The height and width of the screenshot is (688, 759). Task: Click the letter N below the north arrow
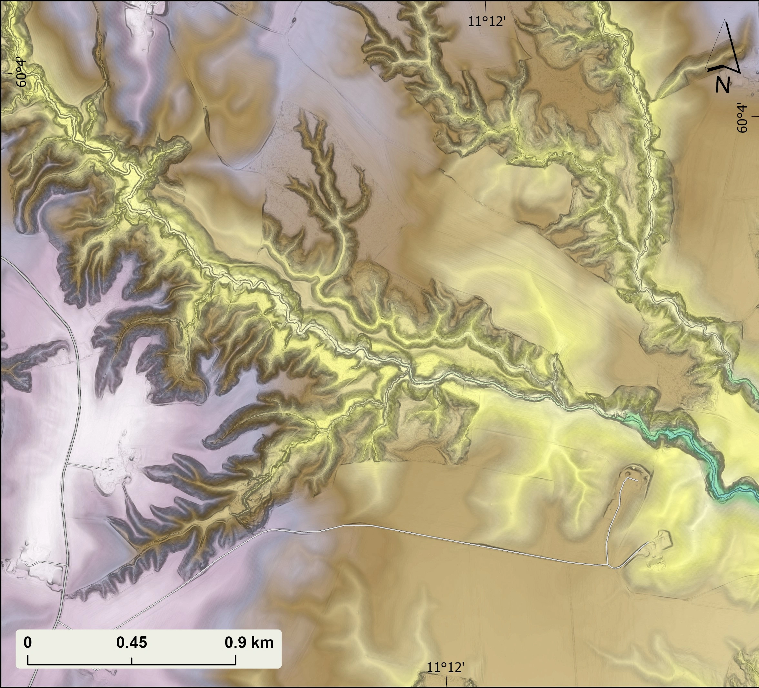pos(723,85)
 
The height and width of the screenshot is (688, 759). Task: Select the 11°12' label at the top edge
pos(486,22)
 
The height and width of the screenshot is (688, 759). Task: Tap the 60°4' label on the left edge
pos(22,73)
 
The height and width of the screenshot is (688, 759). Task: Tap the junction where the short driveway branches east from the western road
pos(67,463)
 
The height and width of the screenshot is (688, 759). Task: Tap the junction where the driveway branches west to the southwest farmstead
pos(66,564)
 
